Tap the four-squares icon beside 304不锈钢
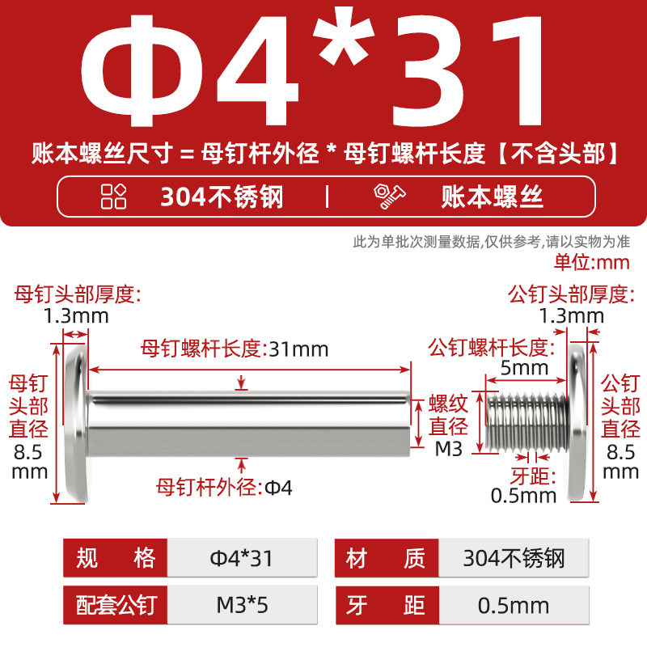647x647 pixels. click(113, 197)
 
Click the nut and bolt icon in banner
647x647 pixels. click(389, 197)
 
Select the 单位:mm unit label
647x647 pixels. click(592, 262)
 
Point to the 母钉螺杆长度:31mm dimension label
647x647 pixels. click(235, 349)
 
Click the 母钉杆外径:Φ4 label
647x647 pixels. click(224, 488)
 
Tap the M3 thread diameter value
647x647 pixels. click(449, 450)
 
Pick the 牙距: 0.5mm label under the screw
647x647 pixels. click(523, 486)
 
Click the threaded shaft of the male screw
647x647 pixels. click(527, 421)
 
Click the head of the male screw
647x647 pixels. click(577, 423)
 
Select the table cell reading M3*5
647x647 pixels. click(242, 605)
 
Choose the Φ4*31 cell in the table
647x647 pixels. click(242, 558)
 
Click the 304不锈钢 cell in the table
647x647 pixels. click(514, 558)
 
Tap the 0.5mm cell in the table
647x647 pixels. click(514, 605)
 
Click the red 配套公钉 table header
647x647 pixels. click(116, 605)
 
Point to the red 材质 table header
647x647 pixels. click(387, 558)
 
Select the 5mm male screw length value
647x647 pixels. click(524, 368)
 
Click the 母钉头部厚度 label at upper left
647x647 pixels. click(78, 294)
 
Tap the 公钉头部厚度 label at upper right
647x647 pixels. click(571, 294)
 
